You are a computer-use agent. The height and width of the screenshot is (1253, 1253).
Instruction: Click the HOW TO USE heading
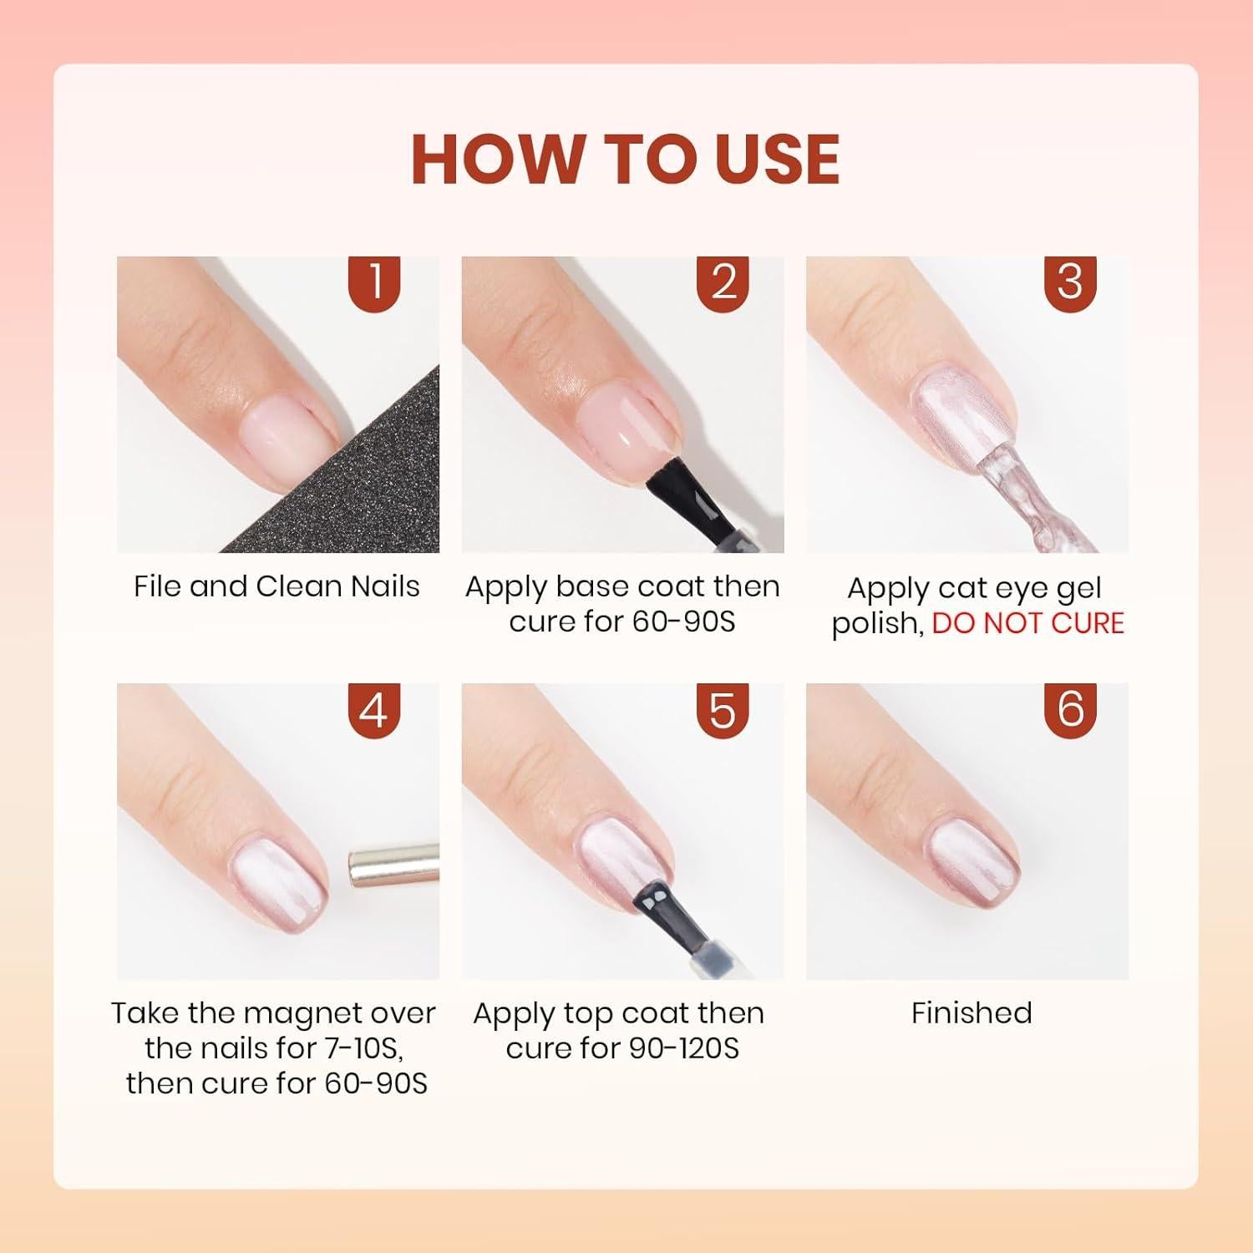point(625,159)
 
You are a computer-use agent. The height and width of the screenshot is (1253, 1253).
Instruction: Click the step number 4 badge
point(374,711)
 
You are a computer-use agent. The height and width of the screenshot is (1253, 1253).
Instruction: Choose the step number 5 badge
point(723,711)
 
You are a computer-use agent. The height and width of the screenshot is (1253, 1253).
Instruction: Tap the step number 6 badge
point(1070,711)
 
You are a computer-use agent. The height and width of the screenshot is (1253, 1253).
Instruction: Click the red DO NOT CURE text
point(1027,623)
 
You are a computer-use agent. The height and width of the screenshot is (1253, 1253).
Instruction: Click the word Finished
point(971,1013)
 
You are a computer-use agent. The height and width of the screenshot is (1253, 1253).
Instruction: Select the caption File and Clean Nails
point(276,586)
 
